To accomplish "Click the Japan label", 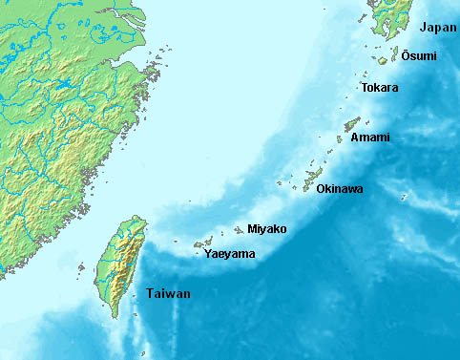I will point(438,28).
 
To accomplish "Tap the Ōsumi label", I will point(419,56).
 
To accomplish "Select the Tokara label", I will point(380,88).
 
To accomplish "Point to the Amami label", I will point(369,138).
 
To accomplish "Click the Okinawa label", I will point(339,189).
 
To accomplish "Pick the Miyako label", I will point(266,228).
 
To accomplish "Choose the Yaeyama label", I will point(228,255).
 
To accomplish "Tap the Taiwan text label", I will point(168,293).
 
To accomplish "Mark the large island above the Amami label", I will point(352,123).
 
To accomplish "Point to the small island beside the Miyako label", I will point(239,230).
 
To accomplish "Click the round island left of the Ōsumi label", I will point(382,60).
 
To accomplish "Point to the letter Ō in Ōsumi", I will point(406,55).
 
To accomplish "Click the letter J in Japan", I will point(425,28).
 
